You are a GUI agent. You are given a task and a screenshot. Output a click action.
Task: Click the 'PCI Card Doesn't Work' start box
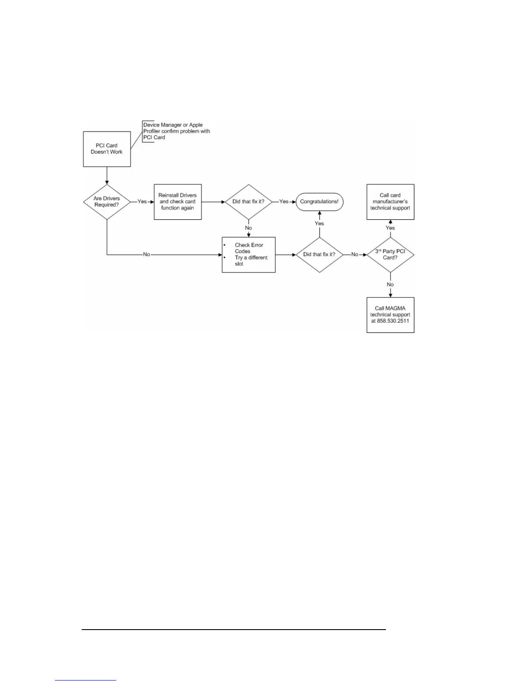(x=107, y=149)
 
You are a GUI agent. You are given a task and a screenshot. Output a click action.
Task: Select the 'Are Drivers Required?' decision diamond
(x=107, y=202)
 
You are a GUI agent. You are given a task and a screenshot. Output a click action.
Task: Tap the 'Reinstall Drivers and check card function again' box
(x=178, y=202)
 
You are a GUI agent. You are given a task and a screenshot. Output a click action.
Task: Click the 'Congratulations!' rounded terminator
(x=319, y=202)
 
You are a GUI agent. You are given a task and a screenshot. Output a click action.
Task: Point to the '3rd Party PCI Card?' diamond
(x=390, y=254)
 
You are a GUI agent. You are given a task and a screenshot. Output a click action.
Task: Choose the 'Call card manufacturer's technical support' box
(x=390, y=202)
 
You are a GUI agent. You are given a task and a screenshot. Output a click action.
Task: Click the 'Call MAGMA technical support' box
(x=390, y=315)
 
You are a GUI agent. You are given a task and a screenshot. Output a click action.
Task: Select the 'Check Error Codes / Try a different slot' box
(x=249, y=255)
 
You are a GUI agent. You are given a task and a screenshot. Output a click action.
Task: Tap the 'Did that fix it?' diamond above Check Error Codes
(x=249, y=202)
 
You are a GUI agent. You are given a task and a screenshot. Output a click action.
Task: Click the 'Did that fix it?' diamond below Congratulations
(x=319, y=254)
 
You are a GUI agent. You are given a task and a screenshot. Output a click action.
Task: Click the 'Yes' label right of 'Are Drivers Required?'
(x=142, y=202)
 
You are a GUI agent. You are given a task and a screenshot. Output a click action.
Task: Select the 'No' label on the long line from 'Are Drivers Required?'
(x=147, y=255)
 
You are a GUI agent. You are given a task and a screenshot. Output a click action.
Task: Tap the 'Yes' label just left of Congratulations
(x=284, y=202)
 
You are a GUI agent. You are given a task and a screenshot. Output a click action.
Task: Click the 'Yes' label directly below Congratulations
(x=319, y=224)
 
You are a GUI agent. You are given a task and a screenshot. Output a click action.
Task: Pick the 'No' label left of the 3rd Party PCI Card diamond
(x=355, y=255)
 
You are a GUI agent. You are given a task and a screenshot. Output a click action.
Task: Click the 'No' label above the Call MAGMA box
(x=390, y=285)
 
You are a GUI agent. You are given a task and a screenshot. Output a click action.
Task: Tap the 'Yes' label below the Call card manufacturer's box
(x=390, y=228)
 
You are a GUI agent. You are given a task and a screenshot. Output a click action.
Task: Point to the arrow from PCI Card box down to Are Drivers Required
(x=107, y=175)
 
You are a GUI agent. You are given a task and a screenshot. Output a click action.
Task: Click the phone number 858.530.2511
(x=390, y=321)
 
